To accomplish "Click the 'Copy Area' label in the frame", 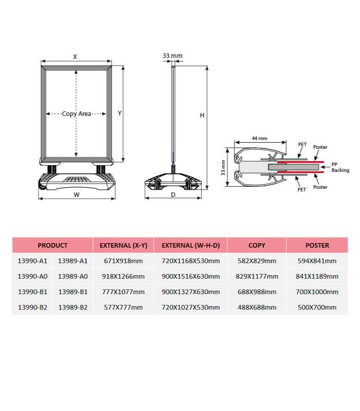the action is click(x=77, y=114).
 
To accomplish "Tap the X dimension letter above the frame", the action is click(x=75, y=56).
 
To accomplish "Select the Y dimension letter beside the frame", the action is click(x=120, y=113).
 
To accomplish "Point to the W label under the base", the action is click(x=77, y=195).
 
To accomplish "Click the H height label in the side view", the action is click(x=202, y=115).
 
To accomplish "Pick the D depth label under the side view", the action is click(x=173, y=195).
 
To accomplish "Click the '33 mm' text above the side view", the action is click(x=173, y=56).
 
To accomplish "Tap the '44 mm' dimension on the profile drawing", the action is click(x=259, y=139).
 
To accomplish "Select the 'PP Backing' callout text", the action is click(x=340, y=167).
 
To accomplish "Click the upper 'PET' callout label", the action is click(x=302, y=144).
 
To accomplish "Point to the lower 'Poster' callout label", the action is click(x=320, y=187).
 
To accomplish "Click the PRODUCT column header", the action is click(x=52, y=245).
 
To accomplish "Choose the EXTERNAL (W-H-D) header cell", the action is click(x=191, y=245).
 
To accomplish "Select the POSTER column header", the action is click(x=317, y=245).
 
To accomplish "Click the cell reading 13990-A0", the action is click(x=32, y=276).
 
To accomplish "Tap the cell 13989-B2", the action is click(x=73, y=307).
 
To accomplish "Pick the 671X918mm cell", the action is click(x=123, y=261).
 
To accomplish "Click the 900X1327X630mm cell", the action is click(x=191, y=292).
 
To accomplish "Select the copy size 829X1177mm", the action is click(x=257, y=276).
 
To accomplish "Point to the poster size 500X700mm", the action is click(x=317, y=307).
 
